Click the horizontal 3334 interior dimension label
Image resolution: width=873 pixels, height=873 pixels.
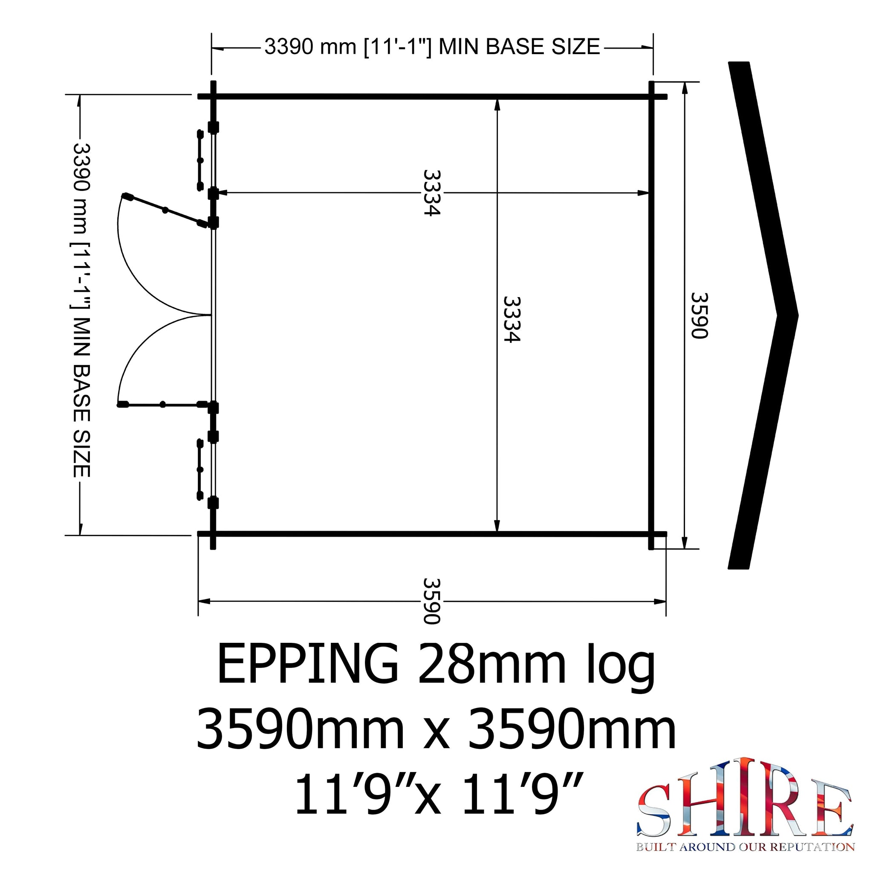click(431, 193)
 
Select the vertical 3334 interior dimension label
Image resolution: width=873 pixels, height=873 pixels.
click(512, 319)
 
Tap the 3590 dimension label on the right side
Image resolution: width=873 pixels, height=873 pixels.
click(699, 316)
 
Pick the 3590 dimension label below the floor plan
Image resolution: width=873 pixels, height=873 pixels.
click(431, 601)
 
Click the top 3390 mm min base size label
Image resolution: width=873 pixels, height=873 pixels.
click(432, 46)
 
